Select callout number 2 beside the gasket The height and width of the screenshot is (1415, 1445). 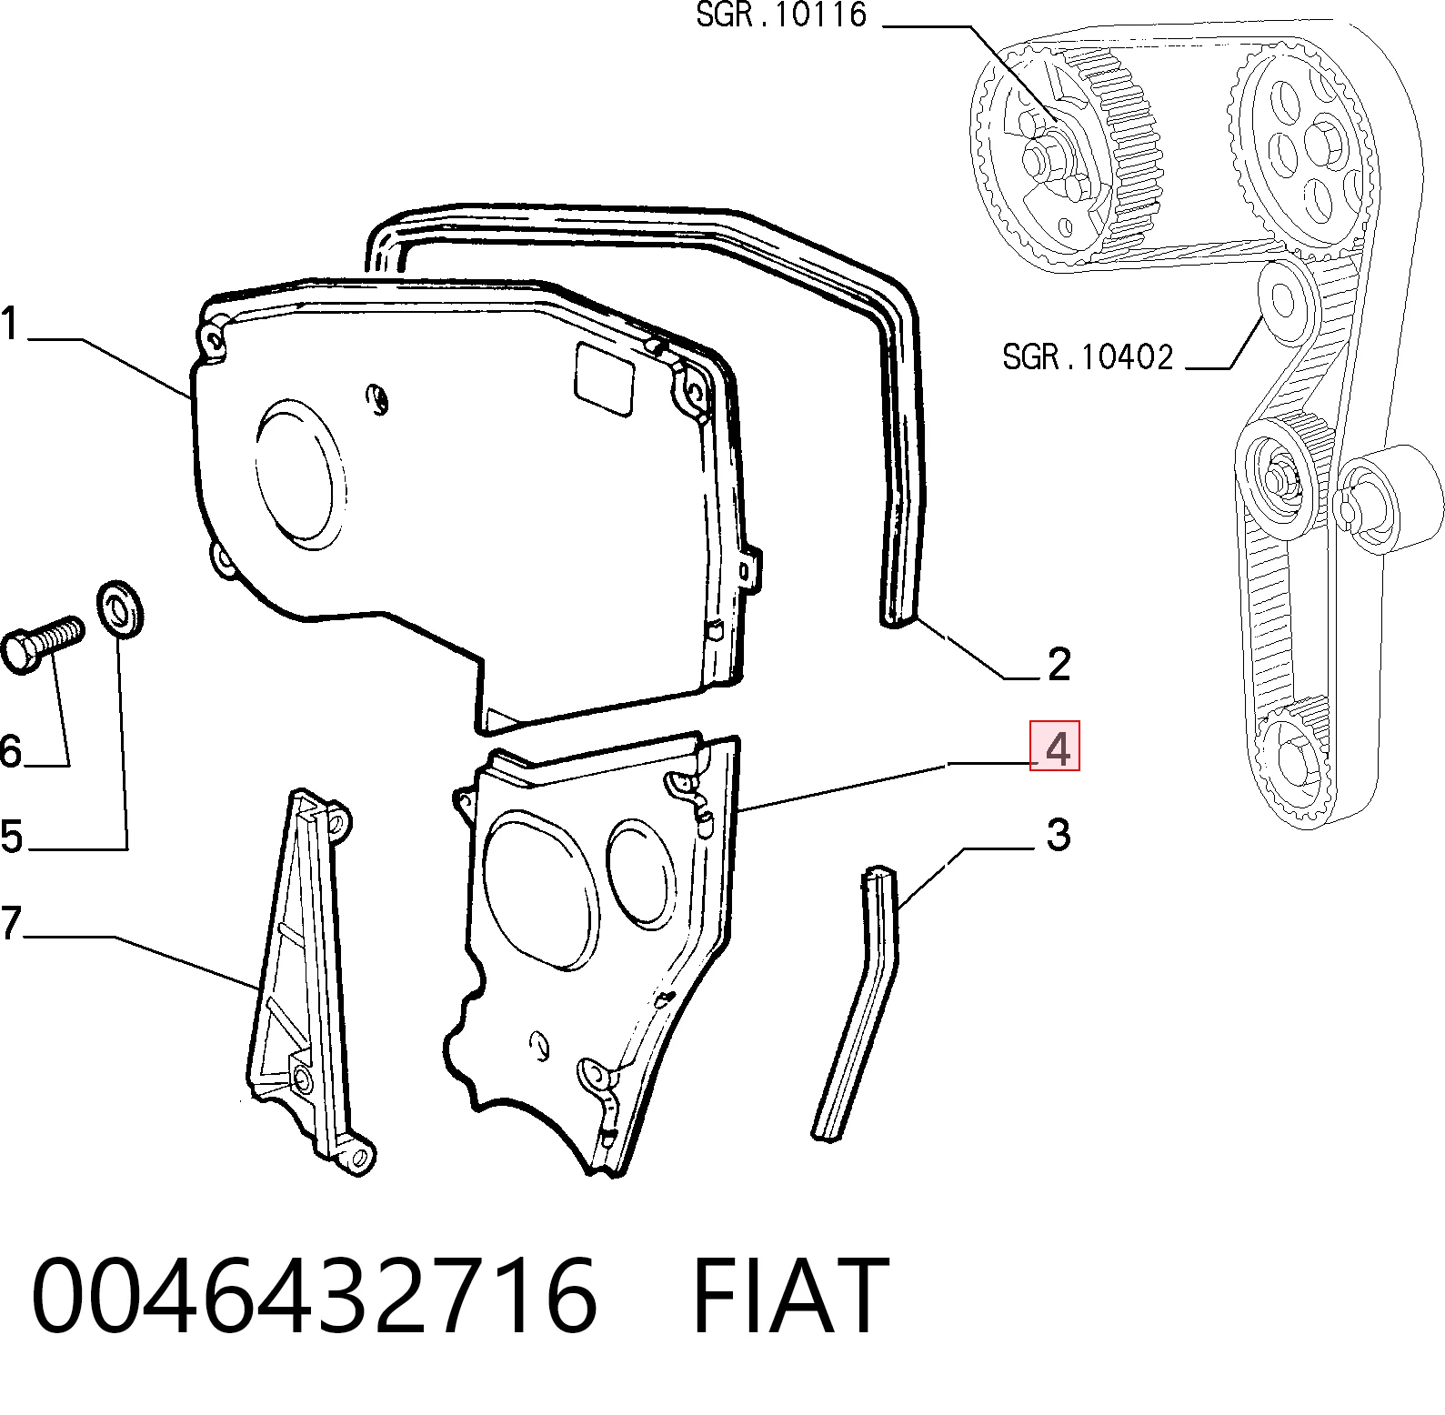point(1059,665)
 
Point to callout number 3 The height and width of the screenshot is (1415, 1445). point(1058,835)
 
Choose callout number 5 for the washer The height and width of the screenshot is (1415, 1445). point(10,836)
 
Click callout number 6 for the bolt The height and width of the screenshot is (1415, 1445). point(10,752)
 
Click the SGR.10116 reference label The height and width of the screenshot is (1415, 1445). point(781,15)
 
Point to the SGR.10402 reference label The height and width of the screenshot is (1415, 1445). point(1089,356)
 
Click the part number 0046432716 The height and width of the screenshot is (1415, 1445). point(315,1295)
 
